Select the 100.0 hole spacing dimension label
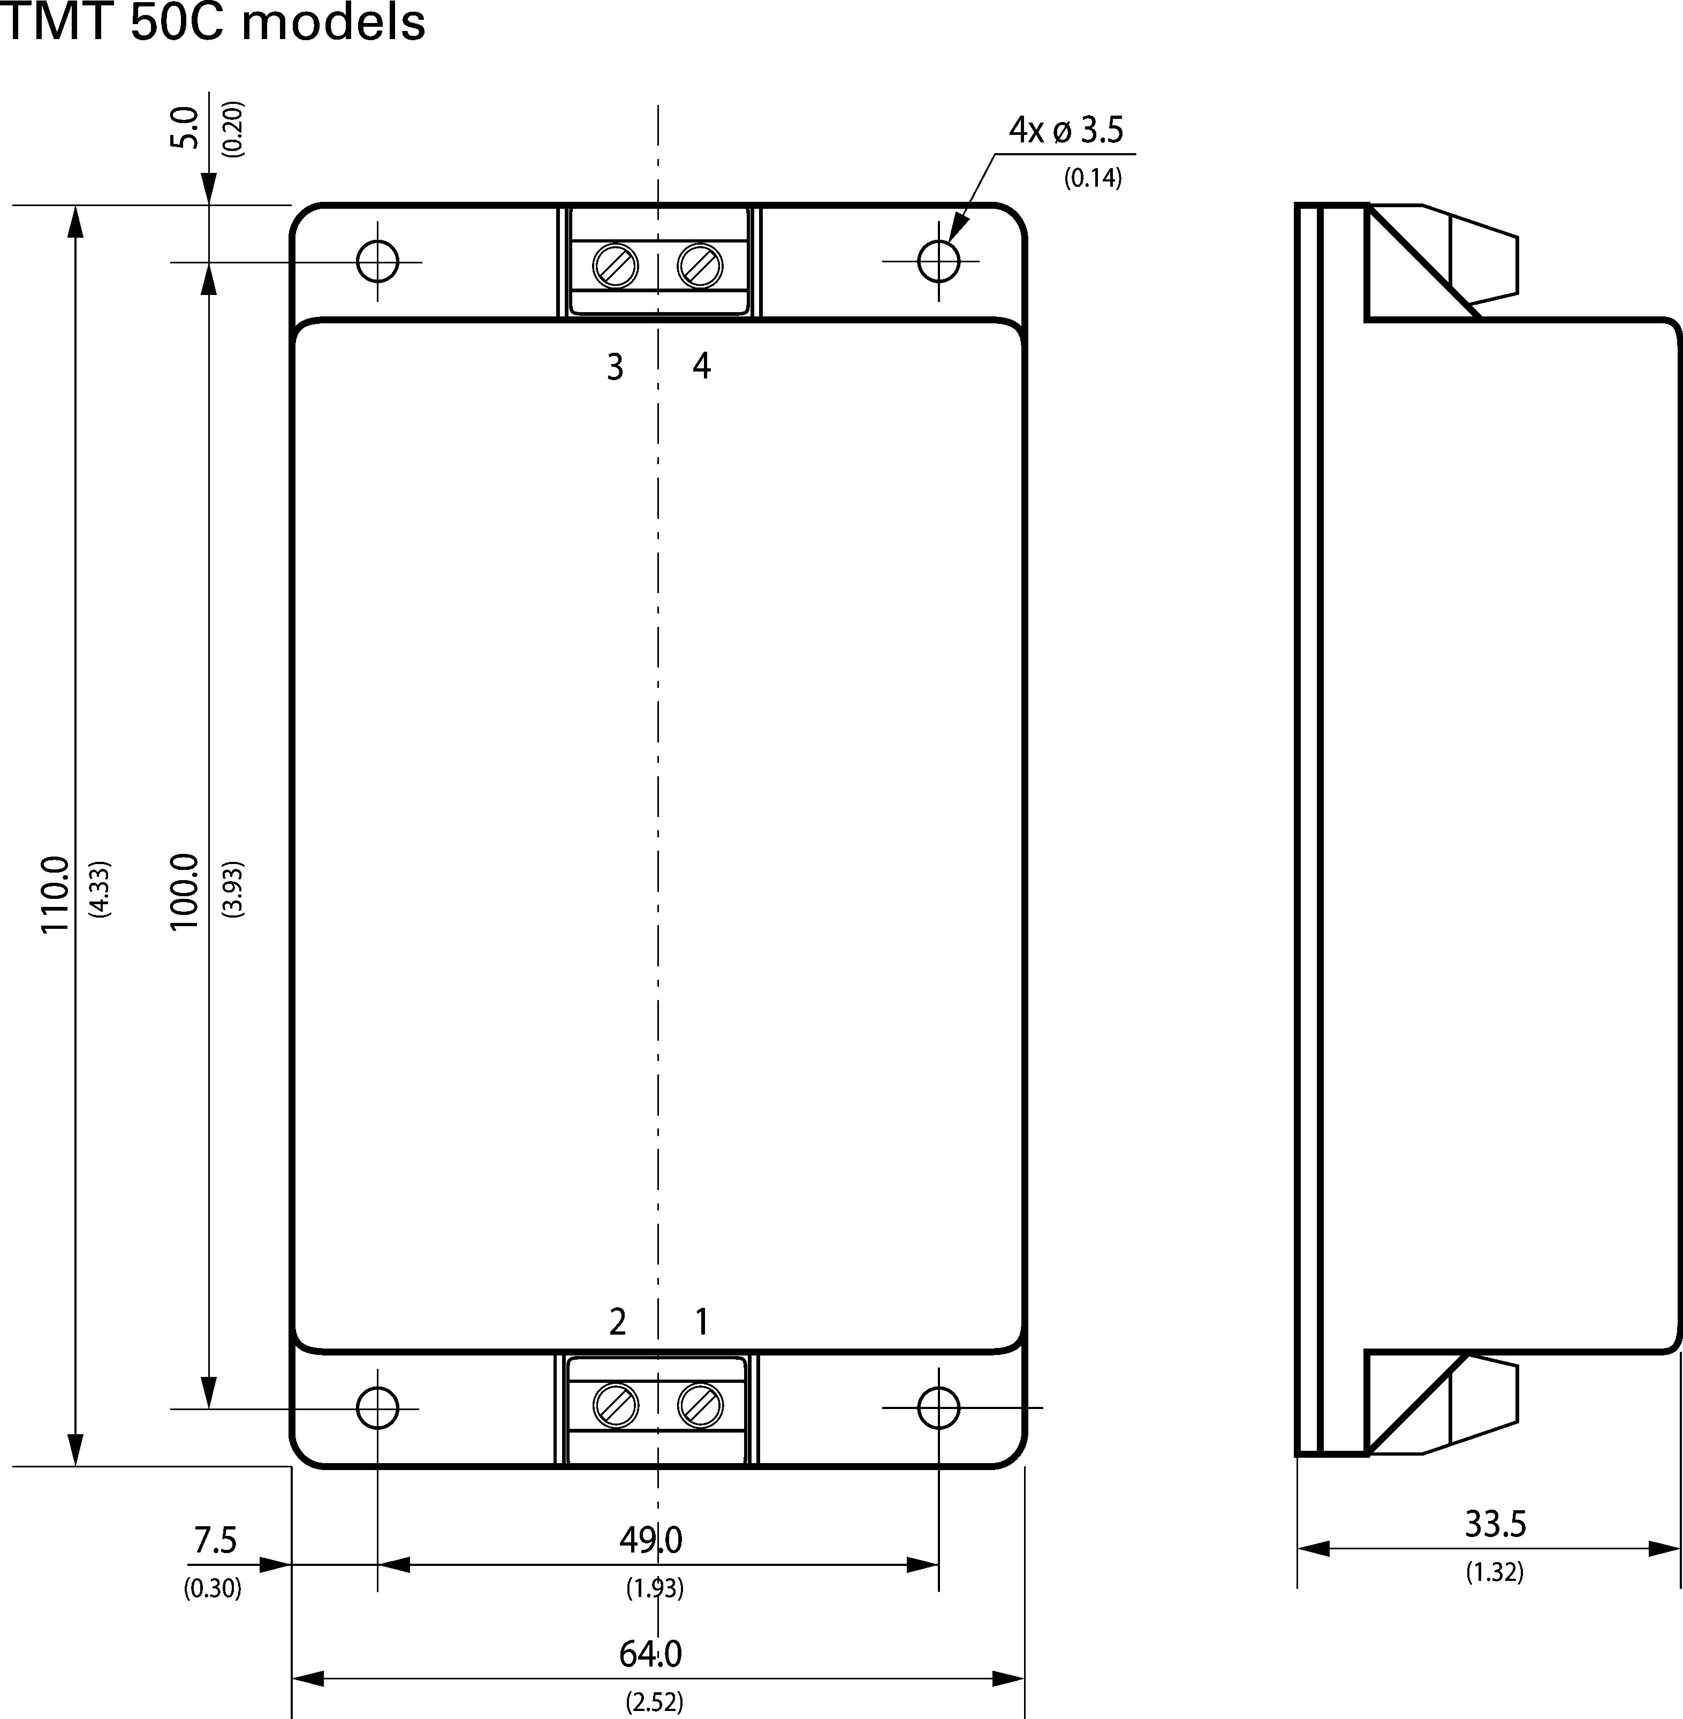[185, 891]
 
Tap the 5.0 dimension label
[185, 127]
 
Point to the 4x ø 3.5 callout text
[1066, 130]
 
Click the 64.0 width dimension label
[650, 1654]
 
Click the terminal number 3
[615, 366]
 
